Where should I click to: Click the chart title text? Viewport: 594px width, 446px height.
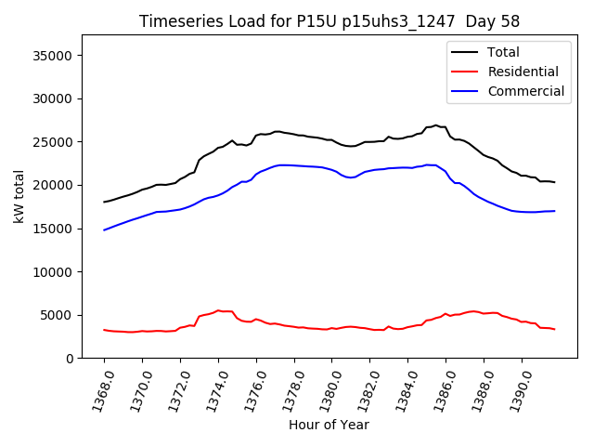(x=329, y=21)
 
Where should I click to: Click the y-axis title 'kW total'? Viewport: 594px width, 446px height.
(x=19, y=197)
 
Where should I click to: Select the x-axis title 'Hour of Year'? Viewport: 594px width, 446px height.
(x=329, y=425)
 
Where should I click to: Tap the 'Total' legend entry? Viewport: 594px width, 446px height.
(x=503, y=52)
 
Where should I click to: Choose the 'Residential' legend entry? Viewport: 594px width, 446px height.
(x=523, y=72)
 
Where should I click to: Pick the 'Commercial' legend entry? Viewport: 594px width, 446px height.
(x=525, y=91)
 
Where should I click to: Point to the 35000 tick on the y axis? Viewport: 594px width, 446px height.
(x=54, y=56)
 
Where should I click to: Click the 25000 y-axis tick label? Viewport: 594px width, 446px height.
(x=54, y=142)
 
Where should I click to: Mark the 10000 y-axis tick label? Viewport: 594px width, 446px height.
(x=54, y=272)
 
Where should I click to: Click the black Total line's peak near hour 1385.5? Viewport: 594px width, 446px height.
(x=435, y=125)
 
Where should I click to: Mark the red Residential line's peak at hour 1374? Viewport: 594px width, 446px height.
(x=218, y=310)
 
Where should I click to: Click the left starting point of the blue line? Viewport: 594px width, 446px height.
(x=104, y=230)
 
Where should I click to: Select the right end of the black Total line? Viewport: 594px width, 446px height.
(x=554, y=182)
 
